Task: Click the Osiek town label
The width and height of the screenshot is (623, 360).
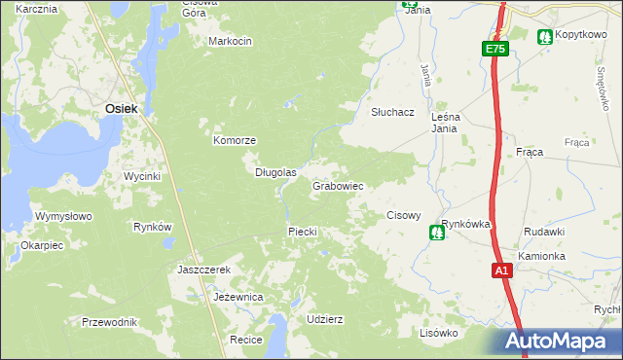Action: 121,109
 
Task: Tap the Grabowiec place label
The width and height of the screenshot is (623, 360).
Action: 338,186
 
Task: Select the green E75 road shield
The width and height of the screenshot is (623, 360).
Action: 495,49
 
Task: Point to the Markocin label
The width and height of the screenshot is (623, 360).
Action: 231,41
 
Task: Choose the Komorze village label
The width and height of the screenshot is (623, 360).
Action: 235,140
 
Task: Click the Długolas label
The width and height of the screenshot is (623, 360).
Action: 275,172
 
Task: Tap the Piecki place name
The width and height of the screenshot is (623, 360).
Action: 303,232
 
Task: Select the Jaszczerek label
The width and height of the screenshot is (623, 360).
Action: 203,270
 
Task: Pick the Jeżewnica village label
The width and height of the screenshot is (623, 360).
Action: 238,296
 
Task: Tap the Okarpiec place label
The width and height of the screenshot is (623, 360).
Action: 42,245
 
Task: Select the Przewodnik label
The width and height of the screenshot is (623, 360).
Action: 110,322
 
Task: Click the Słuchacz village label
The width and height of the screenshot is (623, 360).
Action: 392,112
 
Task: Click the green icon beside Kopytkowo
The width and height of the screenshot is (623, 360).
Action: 544,36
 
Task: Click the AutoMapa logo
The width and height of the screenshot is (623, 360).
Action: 556,342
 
